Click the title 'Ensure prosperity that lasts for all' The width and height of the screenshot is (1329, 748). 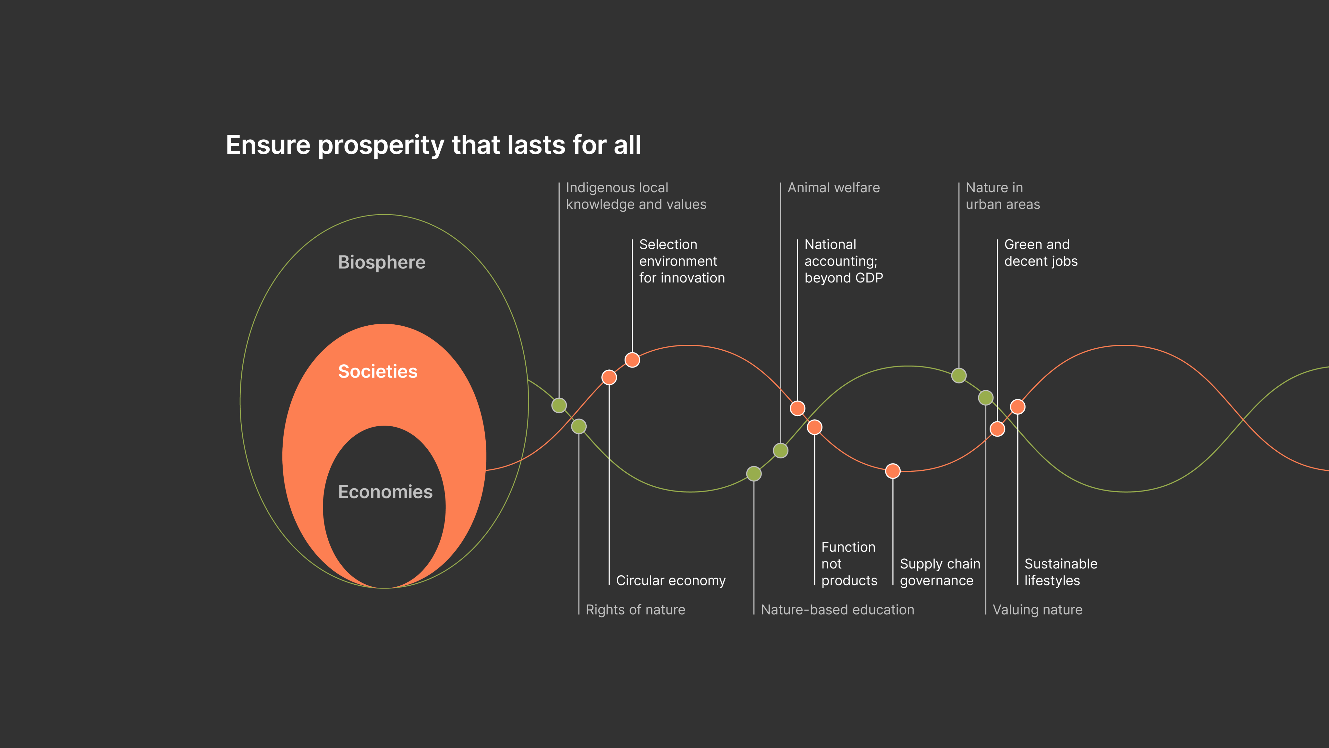433,145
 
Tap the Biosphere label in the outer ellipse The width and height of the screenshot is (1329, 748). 382,262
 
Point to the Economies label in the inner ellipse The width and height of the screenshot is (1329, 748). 385,492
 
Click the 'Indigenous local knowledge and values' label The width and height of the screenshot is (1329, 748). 636,196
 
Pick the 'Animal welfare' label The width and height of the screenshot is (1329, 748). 833,188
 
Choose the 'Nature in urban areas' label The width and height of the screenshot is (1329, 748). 1002,196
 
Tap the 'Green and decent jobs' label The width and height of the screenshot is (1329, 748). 1041,253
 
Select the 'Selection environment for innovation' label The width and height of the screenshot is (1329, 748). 681,261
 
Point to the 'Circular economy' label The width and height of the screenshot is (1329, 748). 671,581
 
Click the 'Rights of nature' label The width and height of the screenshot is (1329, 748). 635,610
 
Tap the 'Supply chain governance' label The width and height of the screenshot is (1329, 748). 940,572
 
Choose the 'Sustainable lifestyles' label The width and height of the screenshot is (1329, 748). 1061,572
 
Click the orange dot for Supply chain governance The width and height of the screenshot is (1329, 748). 893,471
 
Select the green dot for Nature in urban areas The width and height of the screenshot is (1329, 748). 958,375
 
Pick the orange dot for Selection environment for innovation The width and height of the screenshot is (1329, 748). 632,360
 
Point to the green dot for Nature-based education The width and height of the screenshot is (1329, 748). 754,473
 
